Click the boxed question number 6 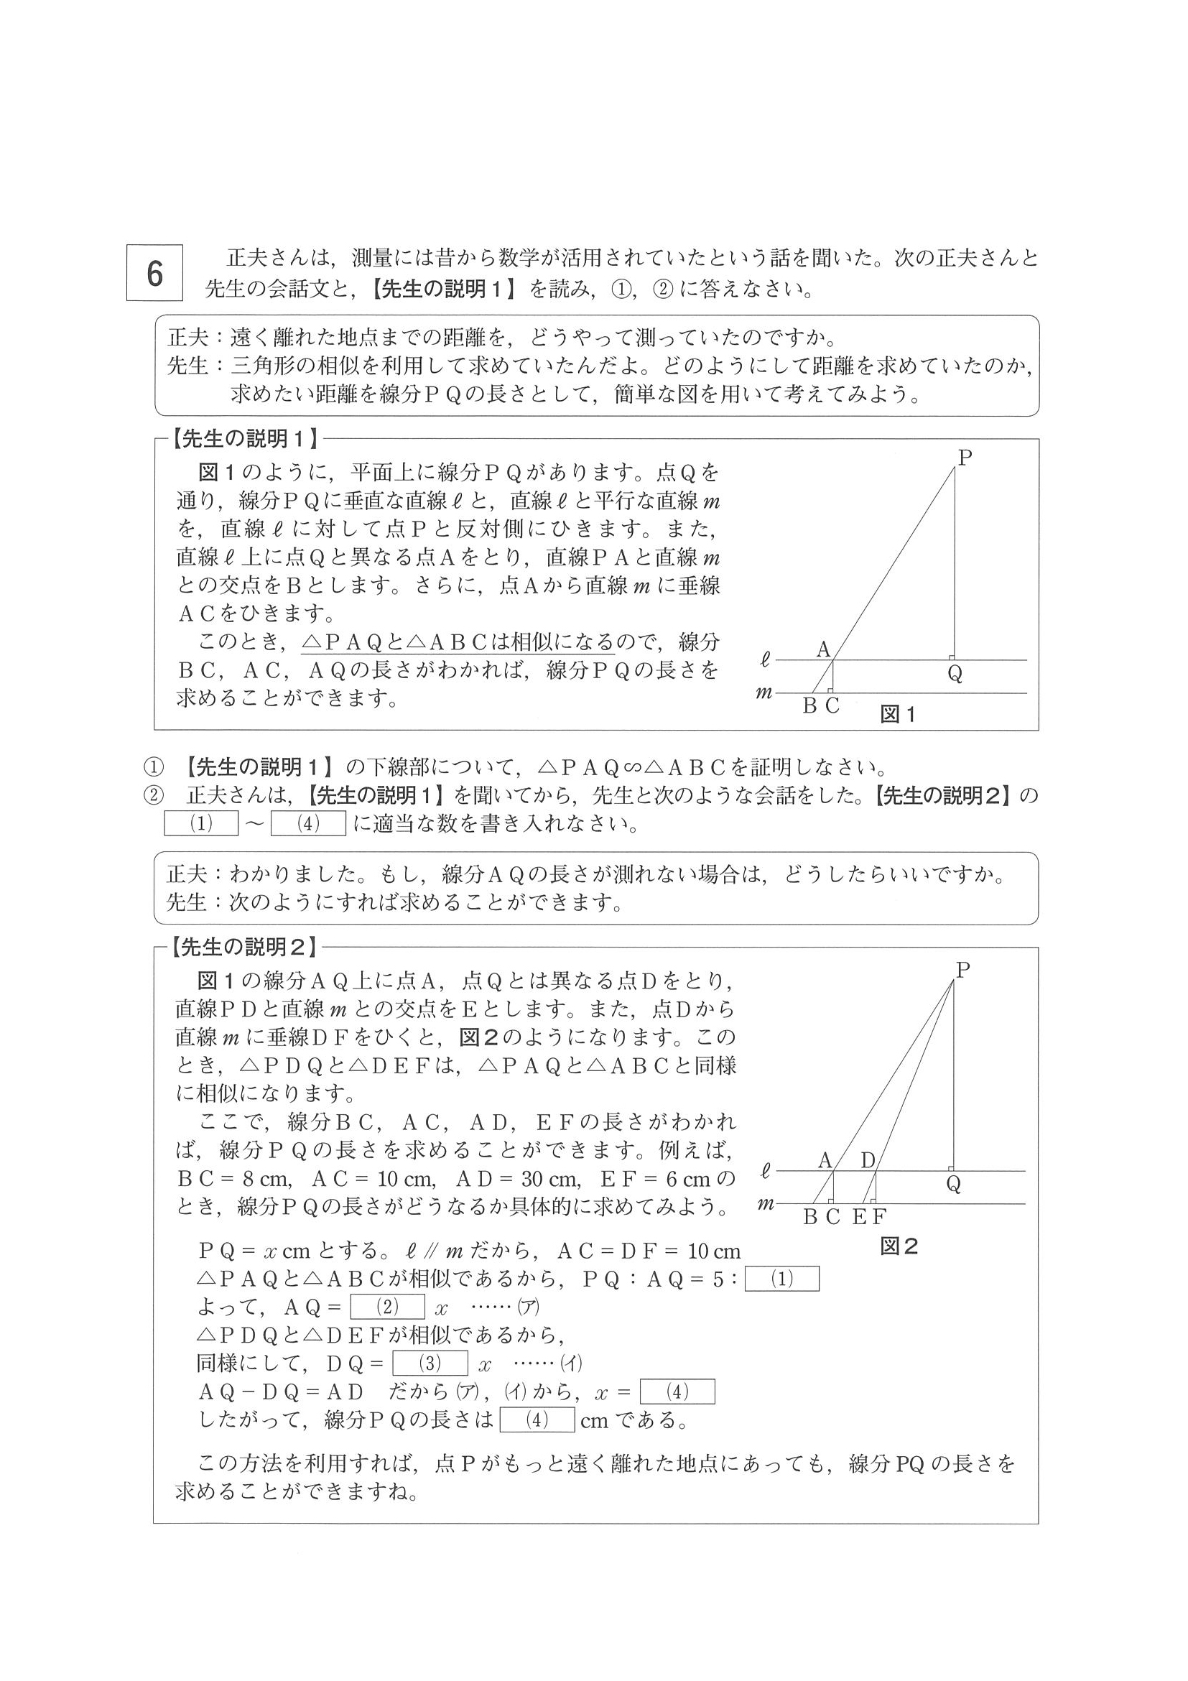coord(154,273)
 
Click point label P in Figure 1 coord(964,458)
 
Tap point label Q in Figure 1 coord(955,674)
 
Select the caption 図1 coord(897,715)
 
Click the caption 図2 coord(898,1247)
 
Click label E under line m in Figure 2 coord(860,1217)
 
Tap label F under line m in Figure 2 coord(879,1217)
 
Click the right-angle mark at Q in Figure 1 coord(952,657)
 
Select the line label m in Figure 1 coord(764,692)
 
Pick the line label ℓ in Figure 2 coord(766,1172)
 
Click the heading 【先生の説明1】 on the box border coord(244,438)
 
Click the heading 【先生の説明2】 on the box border coord(244,948)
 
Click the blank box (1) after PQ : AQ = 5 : coord(781,1279)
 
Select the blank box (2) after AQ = coord(387,1307)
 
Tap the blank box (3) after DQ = coord(430,1363)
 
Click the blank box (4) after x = coord(677,1391)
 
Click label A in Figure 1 coord(823,649)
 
